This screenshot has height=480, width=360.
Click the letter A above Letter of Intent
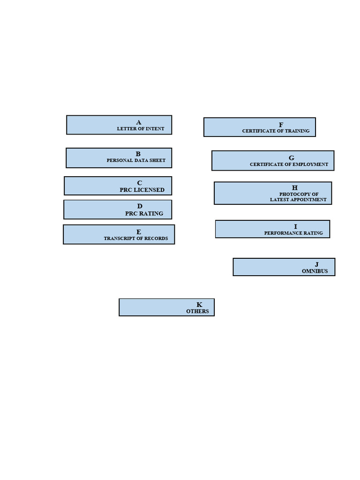139,122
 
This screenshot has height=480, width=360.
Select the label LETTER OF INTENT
141,129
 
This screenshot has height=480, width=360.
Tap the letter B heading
138,154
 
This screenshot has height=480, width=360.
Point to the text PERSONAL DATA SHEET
136,160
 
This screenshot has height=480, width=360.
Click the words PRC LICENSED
142,190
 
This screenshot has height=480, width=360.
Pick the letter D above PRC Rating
140,206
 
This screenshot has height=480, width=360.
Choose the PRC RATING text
144,213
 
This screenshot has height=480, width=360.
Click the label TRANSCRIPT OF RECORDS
136,239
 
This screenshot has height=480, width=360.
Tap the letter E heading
139,232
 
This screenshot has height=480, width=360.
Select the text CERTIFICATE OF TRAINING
276,131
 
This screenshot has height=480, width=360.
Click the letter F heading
281,125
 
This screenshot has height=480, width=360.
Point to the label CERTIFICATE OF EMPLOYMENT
289,165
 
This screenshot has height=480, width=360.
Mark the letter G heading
292,158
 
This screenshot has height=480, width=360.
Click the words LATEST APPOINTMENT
298,200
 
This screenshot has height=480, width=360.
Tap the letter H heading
295,188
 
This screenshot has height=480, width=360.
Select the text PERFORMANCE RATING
293,233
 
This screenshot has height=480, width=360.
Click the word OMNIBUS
315,271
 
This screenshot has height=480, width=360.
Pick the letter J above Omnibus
317,265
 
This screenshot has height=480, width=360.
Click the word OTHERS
197,311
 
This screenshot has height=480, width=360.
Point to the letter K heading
199,305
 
